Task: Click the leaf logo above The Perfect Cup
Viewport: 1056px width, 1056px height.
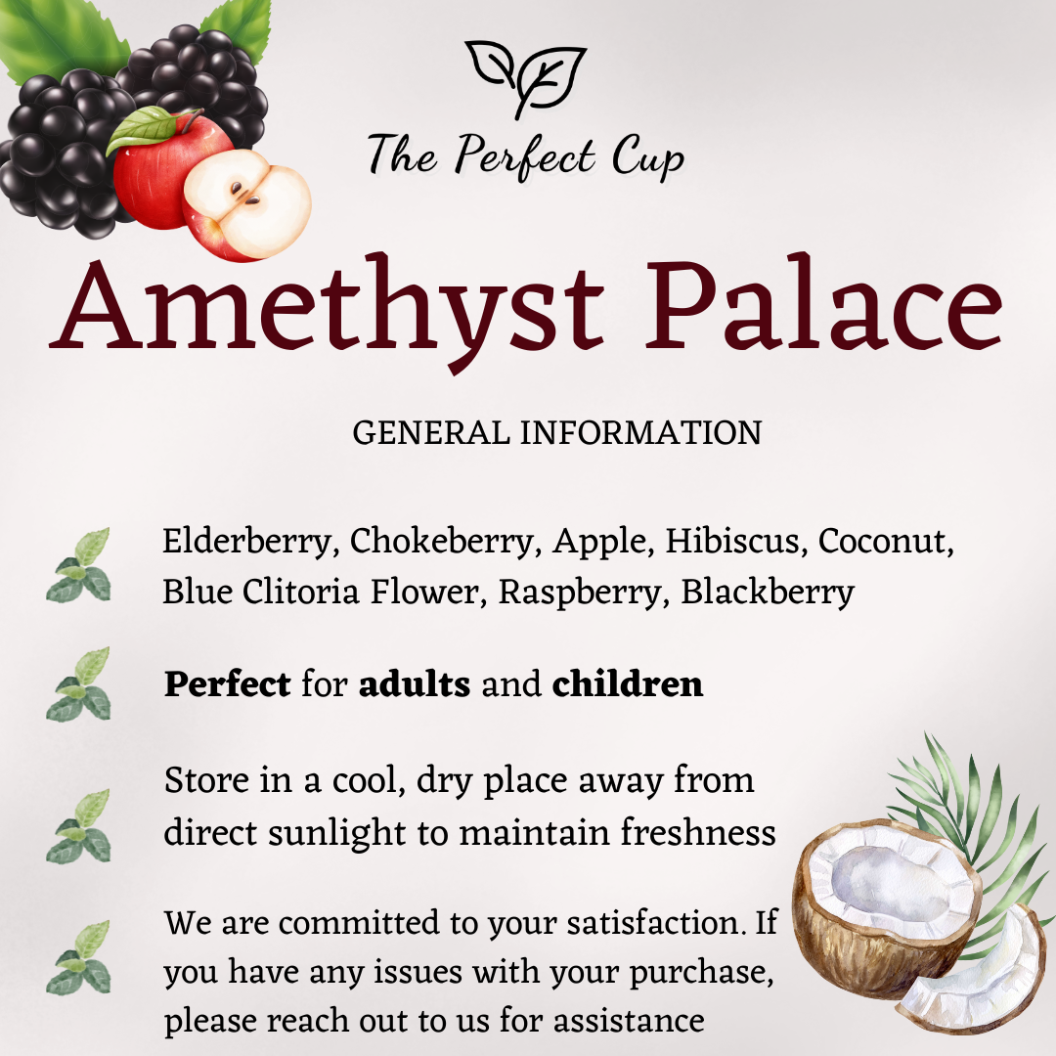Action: point(526,77)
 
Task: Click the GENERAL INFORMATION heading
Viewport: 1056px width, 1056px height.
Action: point(556,433)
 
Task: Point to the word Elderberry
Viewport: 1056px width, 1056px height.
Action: point(248,542)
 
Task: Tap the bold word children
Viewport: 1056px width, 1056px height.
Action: point(628,684)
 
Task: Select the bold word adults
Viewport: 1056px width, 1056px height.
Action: point(415,684)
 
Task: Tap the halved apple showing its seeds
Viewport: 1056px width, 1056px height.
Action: point(246,205)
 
